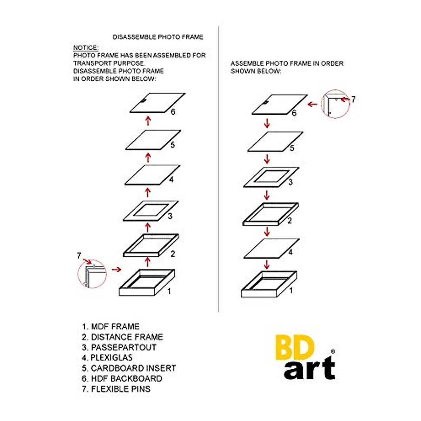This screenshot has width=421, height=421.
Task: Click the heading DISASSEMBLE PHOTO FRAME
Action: (158, 37)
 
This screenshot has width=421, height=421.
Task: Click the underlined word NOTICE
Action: (86, 48)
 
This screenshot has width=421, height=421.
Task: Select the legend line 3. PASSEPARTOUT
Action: (119, 347)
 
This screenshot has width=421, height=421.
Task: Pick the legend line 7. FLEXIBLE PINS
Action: (116, 389)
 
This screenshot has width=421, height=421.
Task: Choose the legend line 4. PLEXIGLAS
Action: (107, 357)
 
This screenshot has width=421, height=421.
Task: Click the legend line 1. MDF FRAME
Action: (111, 327)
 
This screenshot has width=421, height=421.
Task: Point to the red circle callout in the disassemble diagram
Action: (92, 273)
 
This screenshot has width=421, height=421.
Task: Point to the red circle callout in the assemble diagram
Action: (335, 104)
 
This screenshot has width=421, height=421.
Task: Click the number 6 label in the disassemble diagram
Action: (173, 112)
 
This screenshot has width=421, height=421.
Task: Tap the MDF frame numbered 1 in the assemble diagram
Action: (269, 285)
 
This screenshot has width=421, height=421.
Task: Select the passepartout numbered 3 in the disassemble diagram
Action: (150, 211)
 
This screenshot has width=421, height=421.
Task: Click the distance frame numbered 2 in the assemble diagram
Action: (270, 214)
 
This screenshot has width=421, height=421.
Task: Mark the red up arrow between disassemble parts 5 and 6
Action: (148, 121)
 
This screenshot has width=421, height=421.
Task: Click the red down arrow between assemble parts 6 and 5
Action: (267, 123)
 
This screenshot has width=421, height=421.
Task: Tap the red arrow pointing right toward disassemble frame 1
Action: (116, 269)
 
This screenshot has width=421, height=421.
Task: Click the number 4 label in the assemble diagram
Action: (290, 252)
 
